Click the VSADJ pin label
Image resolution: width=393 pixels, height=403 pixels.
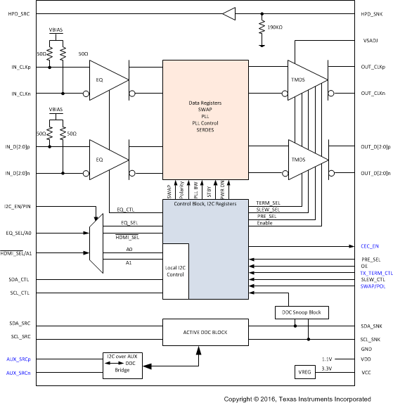[371, 41]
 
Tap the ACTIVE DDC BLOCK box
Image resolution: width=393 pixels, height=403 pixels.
[207, 332]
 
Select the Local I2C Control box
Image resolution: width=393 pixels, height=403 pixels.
[176, 271]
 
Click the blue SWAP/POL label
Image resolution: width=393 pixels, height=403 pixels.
[373, 287]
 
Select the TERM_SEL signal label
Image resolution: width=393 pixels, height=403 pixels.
[269, 202]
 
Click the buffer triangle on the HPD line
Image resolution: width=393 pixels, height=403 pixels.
[228, 13]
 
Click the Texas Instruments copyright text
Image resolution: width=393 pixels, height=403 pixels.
[307, 397]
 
